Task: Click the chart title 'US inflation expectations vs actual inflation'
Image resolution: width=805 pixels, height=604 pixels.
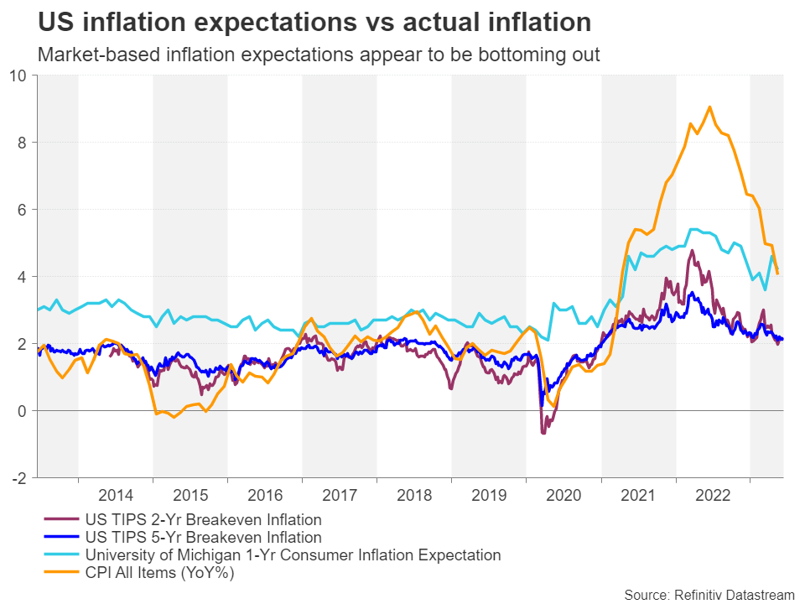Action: (x=314, y=21)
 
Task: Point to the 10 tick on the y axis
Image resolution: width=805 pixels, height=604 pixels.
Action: (x=17, y=75)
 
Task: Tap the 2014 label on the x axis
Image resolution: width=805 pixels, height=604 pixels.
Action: (x=116, y=495)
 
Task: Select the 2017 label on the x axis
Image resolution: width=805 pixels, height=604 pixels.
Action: (x=340, y=495)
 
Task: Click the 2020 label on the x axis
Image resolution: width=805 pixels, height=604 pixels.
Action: (x=563, y=495)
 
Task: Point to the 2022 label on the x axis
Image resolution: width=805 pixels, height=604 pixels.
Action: (x=713, y=495)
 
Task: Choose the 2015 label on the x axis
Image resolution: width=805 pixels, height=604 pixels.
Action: (x=190, y=495)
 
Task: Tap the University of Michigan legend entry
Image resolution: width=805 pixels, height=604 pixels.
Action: (x=293, y=555)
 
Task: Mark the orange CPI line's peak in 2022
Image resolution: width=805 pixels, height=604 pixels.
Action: (x=709, y=107)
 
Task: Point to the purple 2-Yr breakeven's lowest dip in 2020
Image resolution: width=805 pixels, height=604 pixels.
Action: (x=543, y=432)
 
